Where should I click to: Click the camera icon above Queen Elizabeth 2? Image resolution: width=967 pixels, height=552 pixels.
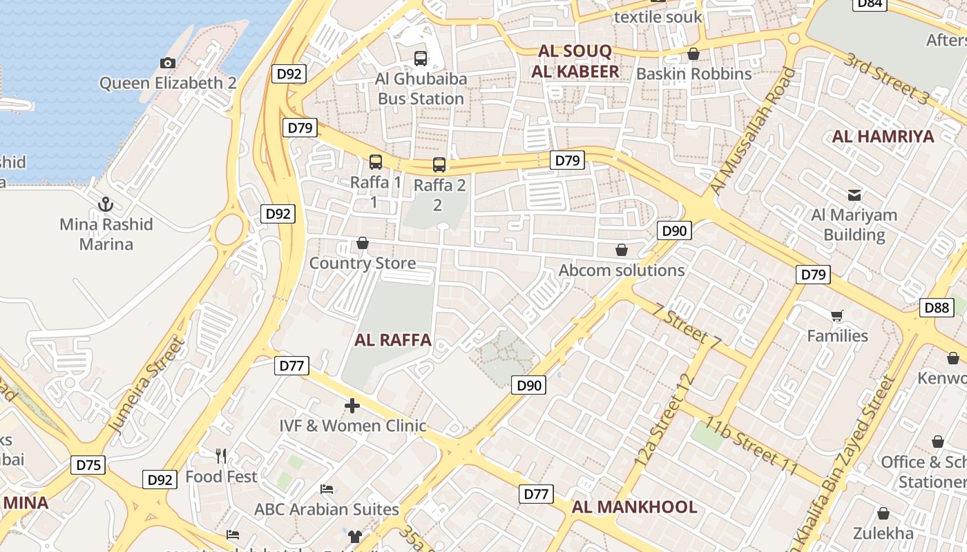[167, 63]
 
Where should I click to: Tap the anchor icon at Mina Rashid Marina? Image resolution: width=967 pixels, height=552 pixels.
[106, 204]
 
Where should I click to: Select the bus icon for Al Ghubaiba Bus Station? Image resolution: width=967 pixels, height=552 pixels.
[421, 59]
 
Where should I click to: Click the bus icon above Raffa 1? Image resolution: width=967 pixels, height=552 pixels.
[376, 162]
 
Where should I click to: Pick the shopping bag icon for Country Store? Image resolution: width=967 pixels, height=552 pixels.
[362, 243]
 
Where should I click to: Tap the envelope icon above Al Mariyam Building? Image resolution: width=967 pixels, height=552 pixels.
[854, 195]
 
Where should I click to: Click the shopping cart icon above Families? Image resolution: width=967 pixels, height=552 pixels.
[837, 316]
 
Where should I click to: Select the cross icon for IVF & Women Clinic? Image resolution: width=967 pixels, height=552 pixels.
[352, 406]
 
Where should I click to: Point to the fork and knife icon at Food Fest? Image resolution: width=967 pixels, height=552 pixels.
[221, 456]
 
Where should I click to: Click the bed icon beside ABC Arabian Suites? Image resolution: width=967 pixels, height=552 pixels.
[327, 489]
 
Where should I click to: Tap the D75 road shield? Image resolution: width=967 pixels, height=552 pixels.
[88, 465]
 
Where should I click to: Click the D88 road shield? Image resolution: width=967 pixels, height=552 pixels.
[937, 308]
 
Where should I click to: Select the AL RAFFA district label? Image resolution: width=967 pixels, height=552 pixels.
[392, 340]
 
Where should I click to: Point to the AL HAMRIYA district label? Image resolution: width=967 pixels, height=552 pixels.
[883, 137]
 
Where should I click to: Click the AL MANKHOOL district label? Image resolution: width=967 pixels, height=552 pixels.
[634, 508]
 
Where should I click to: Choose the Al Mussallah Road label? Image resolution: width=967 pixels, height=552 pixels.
[753, 131]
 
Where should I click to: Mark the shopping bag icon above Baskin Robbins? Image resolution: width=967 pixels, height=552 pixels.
[693, 54]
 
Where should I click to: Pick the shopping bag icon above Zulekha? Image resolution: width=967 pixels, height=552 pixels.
[883, 513]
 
